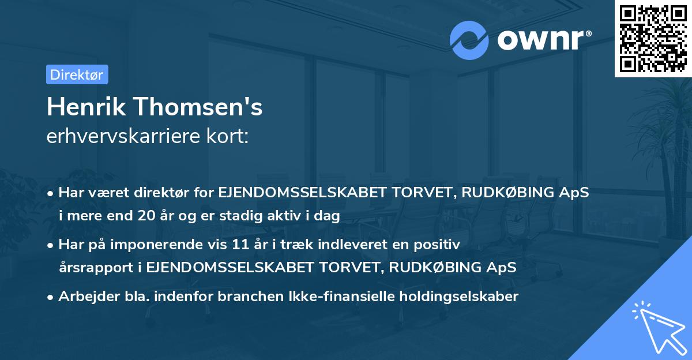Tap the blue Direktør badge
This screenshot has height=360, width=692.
pyautogui.click(x=77, y=74)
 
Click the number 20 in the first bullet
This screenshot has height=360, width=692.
pyautogui.click(x=160, y=216)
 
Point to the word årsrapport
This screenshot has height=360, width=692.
pyautogui.click(x=92, y=267)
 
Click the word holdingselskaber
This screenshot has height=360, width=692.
pyautogui.click(x=454, y=297)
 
